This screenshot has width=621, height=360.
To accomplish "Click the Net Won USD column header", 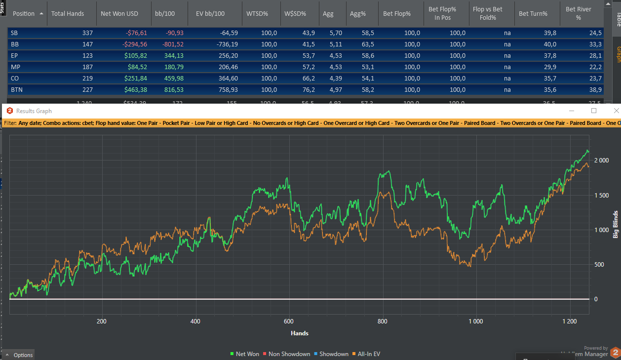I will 119,14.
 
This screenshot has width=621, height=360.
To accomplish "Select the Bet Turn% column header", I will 533,14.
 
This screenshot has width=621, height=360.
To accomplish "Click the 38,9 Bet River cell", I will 595,89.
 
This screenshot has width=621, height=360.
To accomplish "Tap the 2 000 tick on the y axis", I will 602,160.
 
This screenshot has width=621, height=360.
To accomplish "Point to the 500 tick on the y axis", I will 599,265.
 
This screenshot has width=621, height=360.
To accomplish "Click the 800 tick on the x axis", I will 382,321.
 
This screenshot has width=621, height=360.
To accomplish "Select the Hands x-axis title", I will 300,333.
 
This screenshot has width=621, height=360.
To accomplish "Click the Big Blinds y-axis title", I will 616,224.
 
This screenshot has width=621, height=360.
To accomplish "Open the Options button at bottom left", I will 19,355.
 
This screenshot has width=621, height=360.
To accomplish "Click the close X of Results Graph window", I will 616,111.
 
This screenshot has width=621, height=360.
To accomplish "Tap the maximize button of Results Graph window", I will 594,111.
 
